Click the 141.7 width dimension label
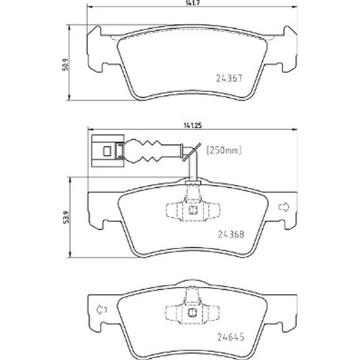[193, 3]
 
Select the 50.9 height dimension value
[65, 65]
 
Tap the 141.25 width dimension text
[193, 125]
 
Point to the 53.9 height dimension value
[67, 217]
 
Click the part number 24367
[229, 78]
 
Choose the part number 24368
[231, 234]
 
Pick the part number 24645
[231, 337]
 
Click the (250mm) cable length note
[224, 150]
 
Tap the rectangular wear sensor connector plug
[107, 151]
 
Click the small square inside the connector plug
[107, 151]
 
